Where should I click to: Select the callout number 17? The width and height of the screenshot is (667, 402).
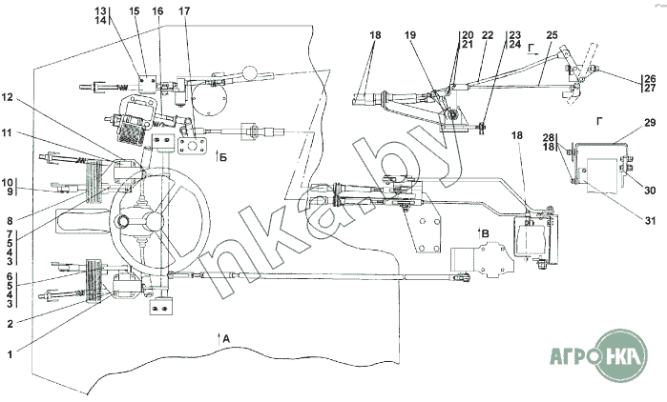184,10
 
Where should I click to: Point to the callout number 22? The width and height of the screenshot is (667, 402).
488,35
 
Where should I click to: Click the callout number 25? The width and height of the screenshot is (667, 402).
552,35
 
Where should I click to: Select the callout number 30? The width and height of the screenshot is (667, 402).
650,190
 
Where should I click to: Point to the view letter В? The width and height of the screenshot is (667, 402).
485,232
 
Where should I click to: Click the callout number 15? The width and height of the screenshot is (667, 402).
134,10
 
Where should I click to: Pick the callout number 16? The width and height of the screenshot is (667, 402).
157,10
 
